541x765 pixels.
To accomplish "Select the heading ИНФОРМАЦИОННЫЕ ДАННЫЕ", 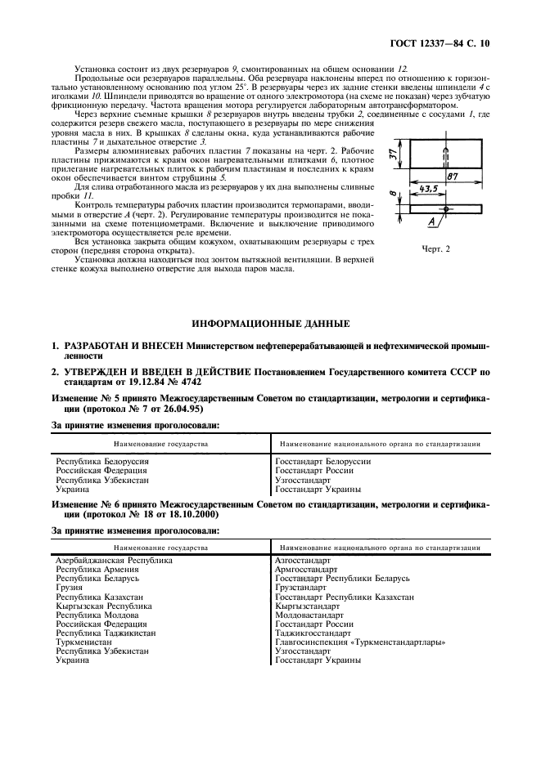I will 269,325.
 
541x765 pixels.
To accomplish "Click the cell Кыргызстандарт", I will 307,606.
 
